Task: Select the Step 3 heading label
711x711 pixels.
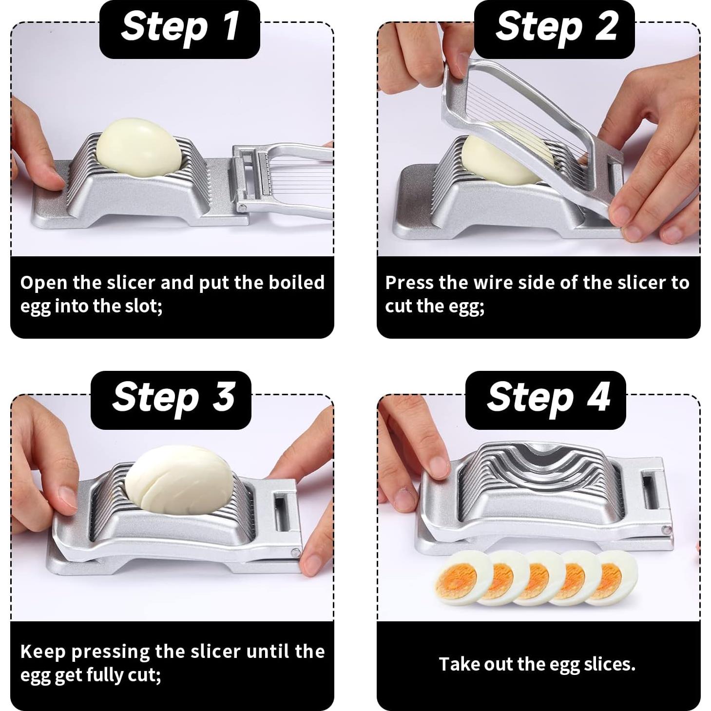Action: tap(171, 400)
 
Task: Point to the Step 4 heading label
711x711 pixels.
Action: tap(546, 400)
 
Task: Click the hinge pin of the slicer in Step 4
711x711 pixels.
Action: tap(666, 530)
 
